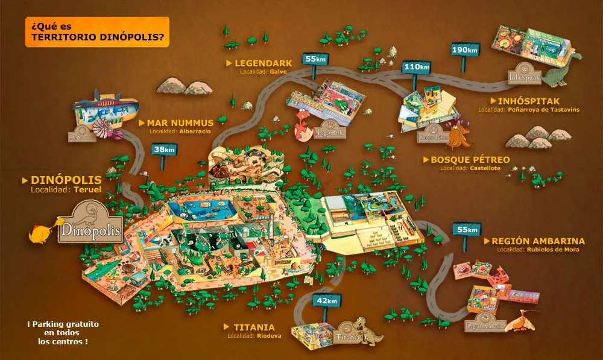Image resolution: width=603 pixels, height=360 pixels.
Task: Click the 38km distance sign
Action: [x=164, y=149]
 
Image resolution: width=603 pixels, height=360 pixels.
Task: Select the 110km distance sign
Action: [x=417, y=67]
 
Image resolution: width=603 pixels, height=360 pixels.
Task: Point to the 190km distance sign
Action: [x=464, y=49]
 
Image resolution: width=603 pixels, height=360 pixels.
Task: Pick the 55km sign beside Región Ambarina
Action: [x=467, y=230]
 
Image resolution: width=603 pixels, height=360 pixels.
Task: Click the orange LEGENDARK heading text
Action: [x=263, y=63]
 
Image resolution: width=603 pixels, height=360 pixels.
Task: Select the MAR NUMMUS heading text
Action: [x=180, y=122]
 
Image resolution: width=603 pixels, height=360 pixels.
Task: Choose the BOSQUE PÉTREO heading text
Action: [x=470, y=160]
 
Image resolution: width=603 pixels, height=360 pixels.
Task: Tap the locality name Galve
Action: [x=279, y=71]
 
